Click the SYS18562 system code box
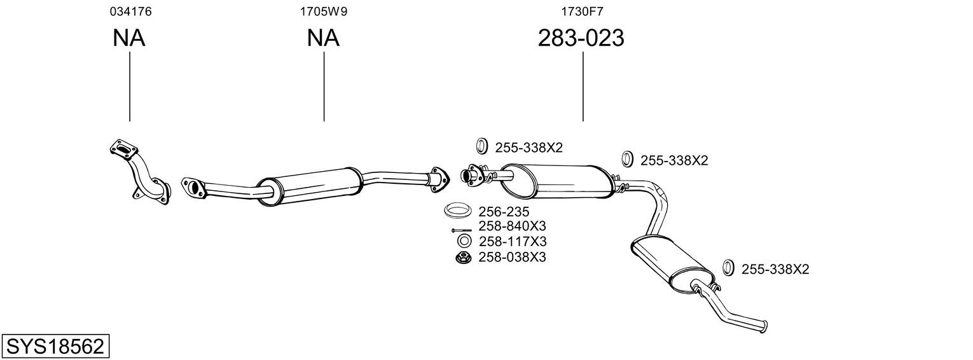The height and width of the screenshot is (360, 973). (x=55, y=346)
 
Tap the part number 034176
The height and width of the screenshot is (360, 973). (x=131, y=11)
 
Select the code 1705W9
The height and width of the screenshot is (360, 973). (x=324, y=11)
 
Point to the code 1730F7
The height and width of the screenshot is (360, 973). (x=582, y=11)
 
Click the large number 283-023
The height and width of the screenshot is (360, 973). (x=581, y=38)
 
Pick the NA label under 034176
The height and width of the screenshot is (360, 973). (x=129, y=38)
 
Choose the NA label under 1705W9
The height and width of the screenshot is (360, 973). (x=323, y=38)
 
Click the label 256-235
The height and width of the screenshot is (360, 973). (x=504, y=212)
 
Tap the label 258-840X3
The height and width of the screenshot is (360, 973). (x=512, y=226)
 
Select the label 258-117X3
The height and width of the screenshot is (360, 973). (x=513, y=241)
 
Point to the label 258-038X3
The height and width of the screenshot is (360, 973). (x=512, y=257)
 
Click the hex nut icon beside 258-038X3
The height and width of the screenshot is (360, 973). (x=464, y=258)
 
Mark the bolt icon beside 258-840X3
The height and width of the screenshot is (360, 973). (x=462, y=230)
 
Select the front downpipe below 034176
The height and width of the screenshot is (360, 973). (x=139, y=173)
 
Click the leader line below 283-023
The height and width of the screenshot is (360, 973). (x=583, y=87)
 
